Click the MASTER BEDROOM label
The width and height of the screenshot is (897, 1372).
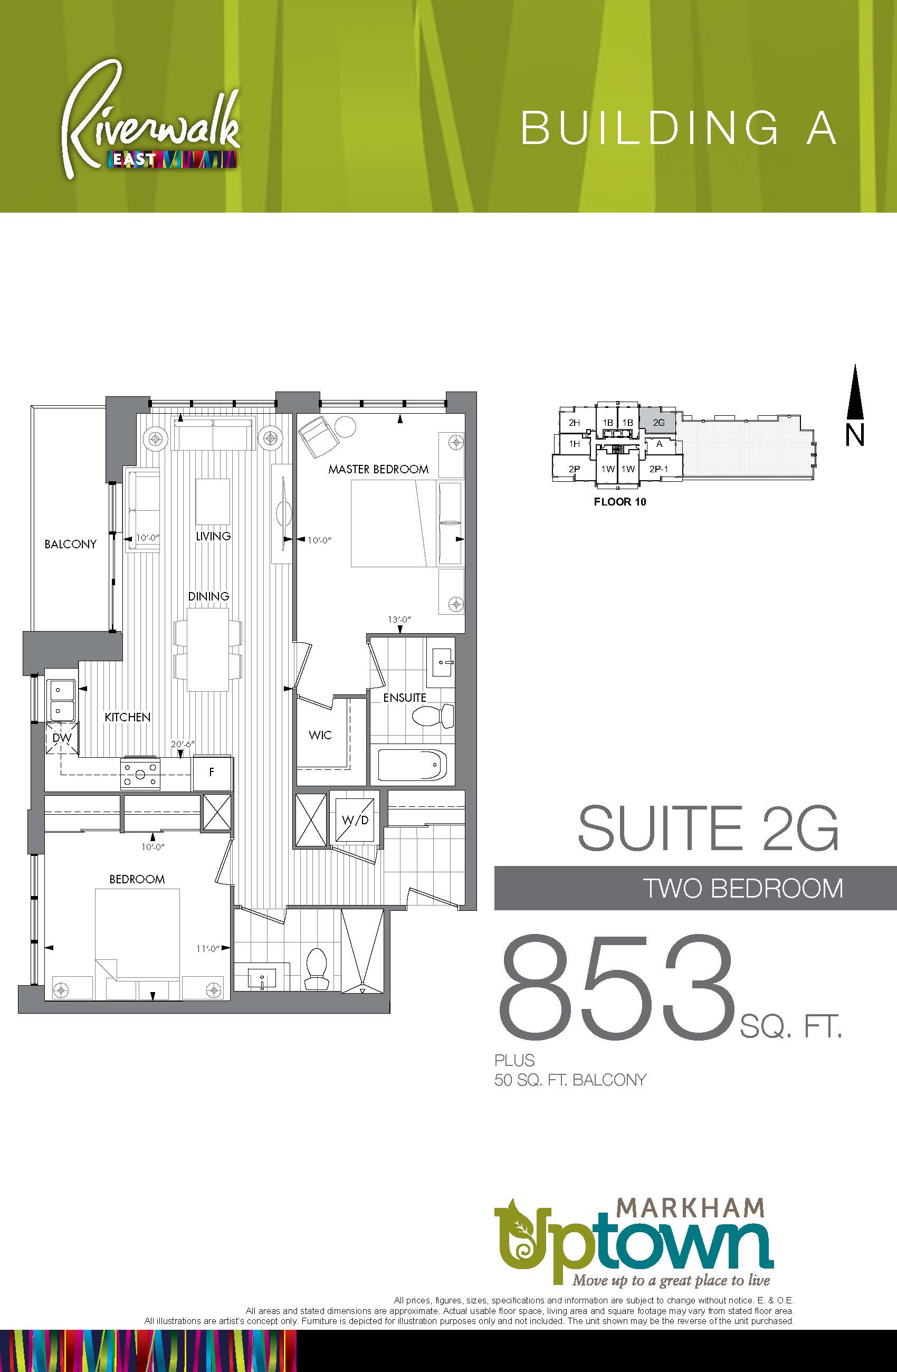point(378,469)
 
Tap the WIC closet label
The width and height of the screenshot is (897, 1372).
point(320,735)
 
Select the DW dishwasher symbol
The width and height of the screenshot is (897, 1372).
point(62,738)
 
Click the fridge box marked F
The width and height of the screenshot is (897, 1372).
point(212,773)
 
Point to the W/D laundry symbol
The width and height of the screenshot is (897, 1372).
point(355,819)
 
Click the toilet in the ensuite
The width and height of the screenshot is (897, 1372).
point(433,717)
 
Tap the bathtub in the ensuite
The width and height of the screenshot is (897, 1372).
point(412,765)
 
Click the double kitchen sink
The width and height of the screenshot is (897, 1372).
point(61,700)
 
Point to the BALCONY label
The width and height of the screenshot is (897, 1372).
point(70,544)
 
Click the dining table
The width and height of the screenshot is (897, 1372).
point(207,649)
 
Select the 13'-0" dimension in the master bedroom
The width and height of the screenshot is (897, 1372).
point(399,620)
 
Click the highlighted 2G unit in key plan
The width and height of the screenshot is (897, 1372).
point(659,422)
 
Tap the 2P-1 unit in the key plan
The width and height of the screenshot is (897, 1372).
point(659,469)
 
